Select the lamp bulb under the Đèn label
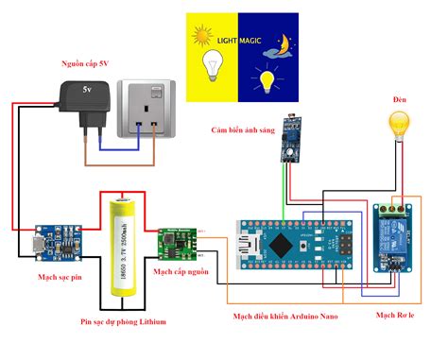(x=401, y=125)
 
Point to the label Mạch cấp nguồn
(x=182, y=272)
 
